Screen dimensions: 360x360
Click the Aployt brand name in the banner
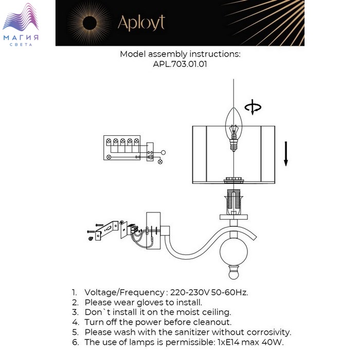point(141,23)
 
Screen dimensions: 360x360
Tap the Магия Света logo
point(21,25)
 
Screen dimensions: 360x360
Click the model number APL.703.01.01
point(180,64)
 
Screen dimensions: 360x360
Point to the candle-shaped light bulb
point(233,129)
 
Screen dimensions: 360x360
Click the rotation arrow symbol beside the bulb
point(253,107)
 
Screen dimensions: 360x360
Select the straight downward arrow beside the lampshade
point(286,154)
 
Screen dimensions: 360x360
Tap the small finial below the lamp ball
point(233,273)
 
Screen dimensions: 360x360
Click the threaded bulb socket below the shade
point(233,202)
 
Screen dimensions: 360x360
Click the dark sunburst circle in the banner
point(89,23)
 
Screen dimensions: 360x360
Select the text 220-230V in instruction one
point(190,293)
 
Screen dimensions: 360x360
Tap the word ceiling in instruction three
point(217,312)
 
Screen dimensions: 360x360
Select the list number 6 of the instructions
point(75,343)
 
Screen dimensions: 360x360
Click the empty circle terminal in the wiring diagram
point(163,152)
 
